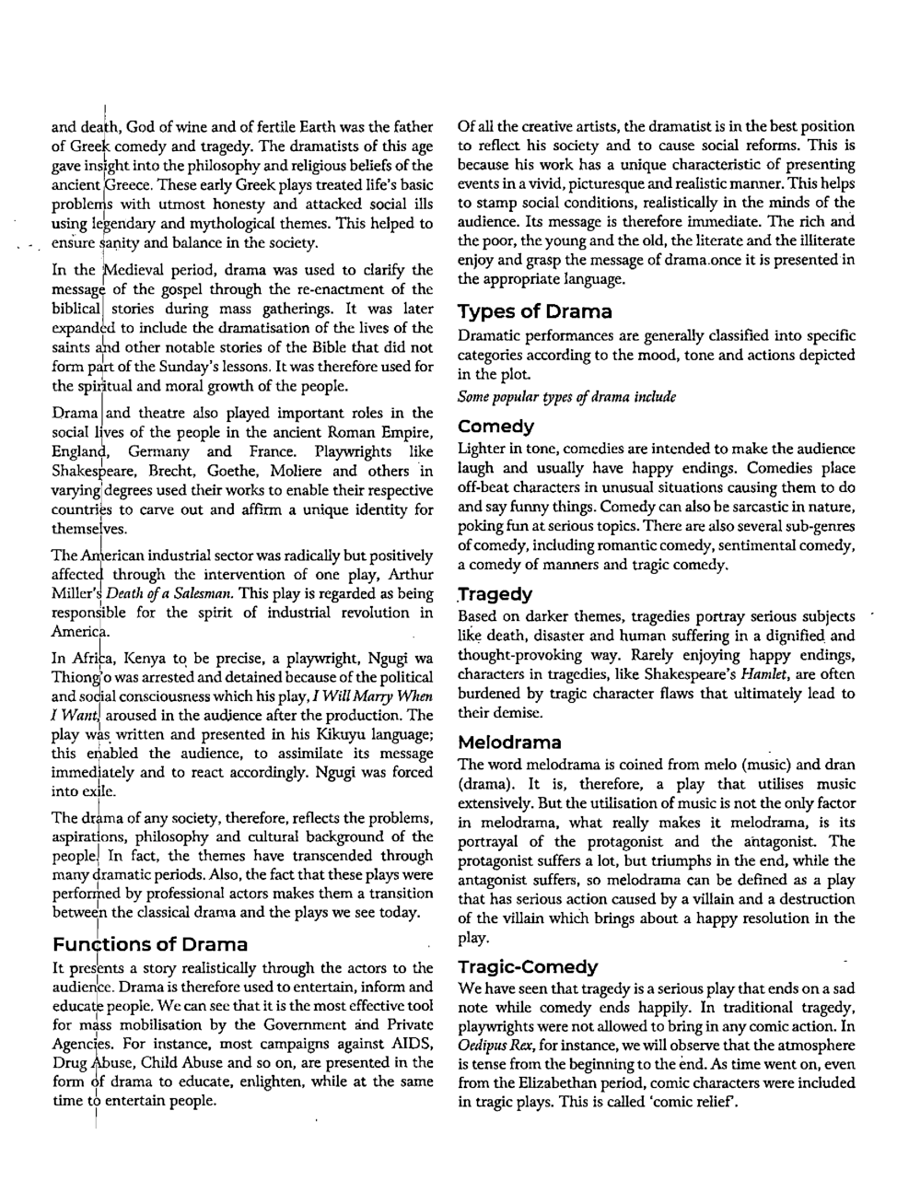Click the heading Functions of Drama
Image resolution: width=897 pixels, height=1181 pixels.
(x=150, y=944)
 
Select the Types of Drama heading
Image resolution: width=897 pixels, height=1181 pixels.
(x=534, y=311)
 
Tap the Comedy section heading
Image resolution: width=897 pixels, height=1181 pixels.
(x=495, y=427)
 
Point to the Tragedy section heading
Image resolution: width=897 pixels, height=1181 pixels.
(x=495, y=594)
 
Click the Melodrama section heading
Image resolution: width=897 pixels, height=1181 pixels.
(x=509, y=743)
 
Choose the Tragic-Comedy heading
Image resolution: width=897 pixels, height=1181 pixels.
(x=528, y=966)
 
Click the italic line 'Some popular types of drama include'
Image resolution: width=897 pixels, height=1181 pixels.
(x=566, y=397)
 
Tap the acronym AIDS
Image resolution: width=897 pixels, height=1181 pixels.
(x=414, y=1044)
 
